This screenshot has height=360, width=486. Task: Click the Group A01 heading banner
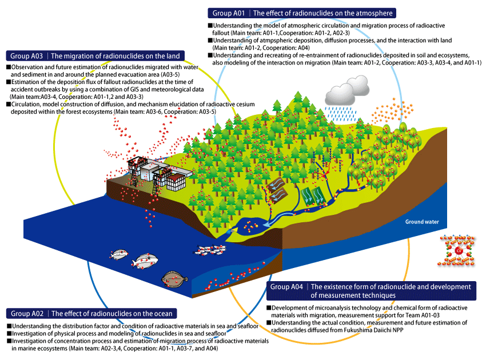[301, 13]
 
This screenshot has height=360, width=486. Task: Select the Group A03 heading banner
[95, 56]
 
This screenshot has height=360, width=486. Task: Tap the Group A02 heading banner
[91, 313]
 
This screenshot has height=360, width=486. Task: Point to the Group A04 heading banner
[371, 291]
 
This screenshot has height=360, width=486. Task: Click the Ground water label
[422, 222]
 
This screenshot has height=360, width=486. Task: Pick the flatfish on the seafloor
[174, 279]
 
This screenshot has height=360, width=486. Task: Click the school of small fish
[210, 249]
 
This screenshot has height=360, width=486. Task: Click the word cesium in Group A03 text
[246, 104]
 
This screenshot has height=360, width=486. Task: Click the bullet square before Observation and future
[9, 67]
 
